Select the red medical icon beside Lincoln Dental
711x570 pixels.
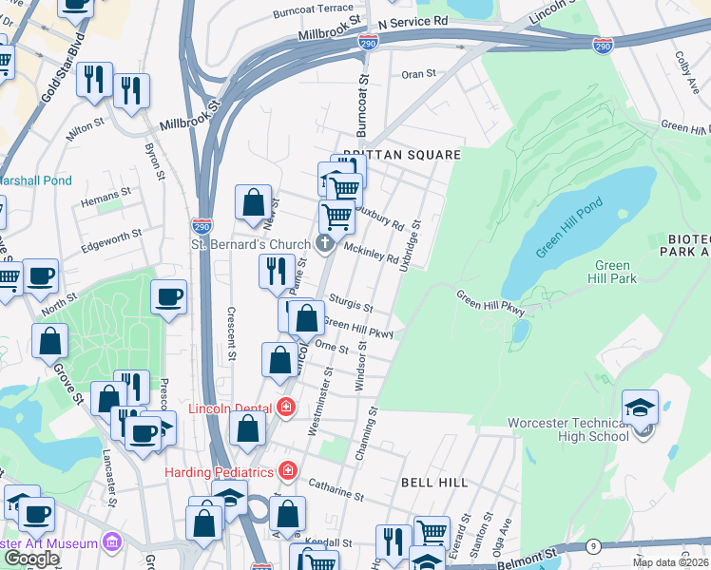click(286, 408)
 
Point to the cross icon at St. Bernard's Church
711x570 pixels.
click(325, 244)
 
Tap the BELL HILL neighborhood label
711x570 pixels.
click(434, 483)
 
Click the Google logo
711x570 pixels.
click(31, 559)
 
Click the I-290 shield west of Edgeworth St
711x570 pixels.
click(202, 226)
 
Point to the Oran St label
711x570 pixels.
click(418, 73)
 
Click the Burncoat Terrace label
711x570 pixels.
click(312, 8)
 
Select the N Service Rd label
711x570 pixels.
click(413, 21)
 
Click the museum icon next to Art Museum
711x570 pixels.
click(112, 542)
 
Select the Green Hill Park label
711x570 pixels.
click(616, 272)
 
